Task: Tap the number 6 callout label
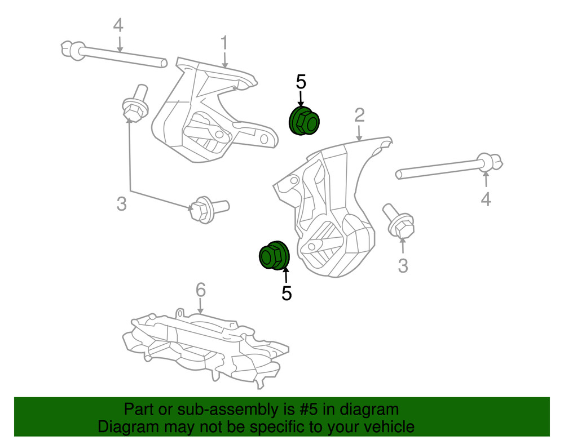click(201, 290)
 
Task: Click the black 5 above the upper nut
click(301, 82)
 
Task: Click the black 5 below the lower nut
click(287, 293)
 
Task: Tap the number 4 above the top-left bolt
click(118, 25)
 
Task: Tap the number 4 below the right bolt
click(486, 199)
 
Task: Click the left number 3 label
click(122, 204)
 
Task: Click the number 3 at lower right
click(403, 265)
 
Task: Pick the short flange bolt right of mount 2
click(399, 222)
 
